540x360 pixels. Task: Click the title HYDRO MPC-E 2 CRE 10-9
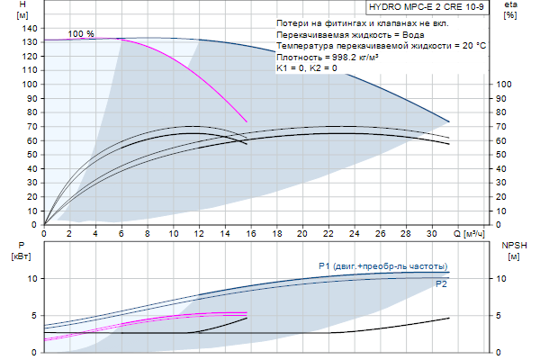tap(433, 6)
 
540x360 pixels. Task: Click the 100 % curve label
tap(81, 33)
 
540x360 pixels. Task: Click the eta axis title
tap(509, 5)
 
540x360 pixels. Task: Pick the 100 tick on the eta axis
tap(504, 84)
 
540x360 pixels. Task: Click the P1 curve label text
tap(382, 266)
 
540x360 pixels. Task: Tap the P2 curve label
tap(441, 284)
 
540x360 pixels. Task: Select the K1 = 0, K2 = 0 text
tap(307, 67)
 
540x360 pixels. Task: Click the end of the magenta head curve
tap(247, 121)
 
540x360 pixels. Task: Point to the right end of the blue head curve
tap(448, 121)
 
